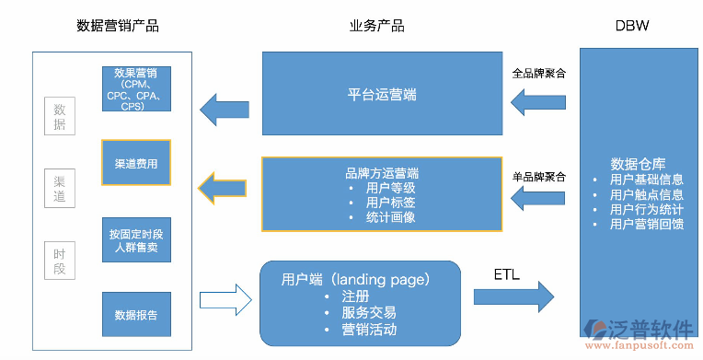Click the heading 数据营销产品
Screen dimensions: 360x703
point(117,26)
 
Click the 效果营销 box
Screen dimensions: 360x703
point(135,88)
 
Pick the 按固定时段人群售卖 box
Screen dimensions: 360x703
point(135,240)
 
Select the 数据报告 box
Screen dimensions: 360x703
point(135,315)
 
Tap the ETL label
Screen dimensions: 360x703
point(507,274)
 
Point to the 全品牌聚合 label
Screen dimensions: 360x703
point(539,73)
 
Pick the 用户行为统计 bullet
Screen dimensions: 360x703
point(646,209)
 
